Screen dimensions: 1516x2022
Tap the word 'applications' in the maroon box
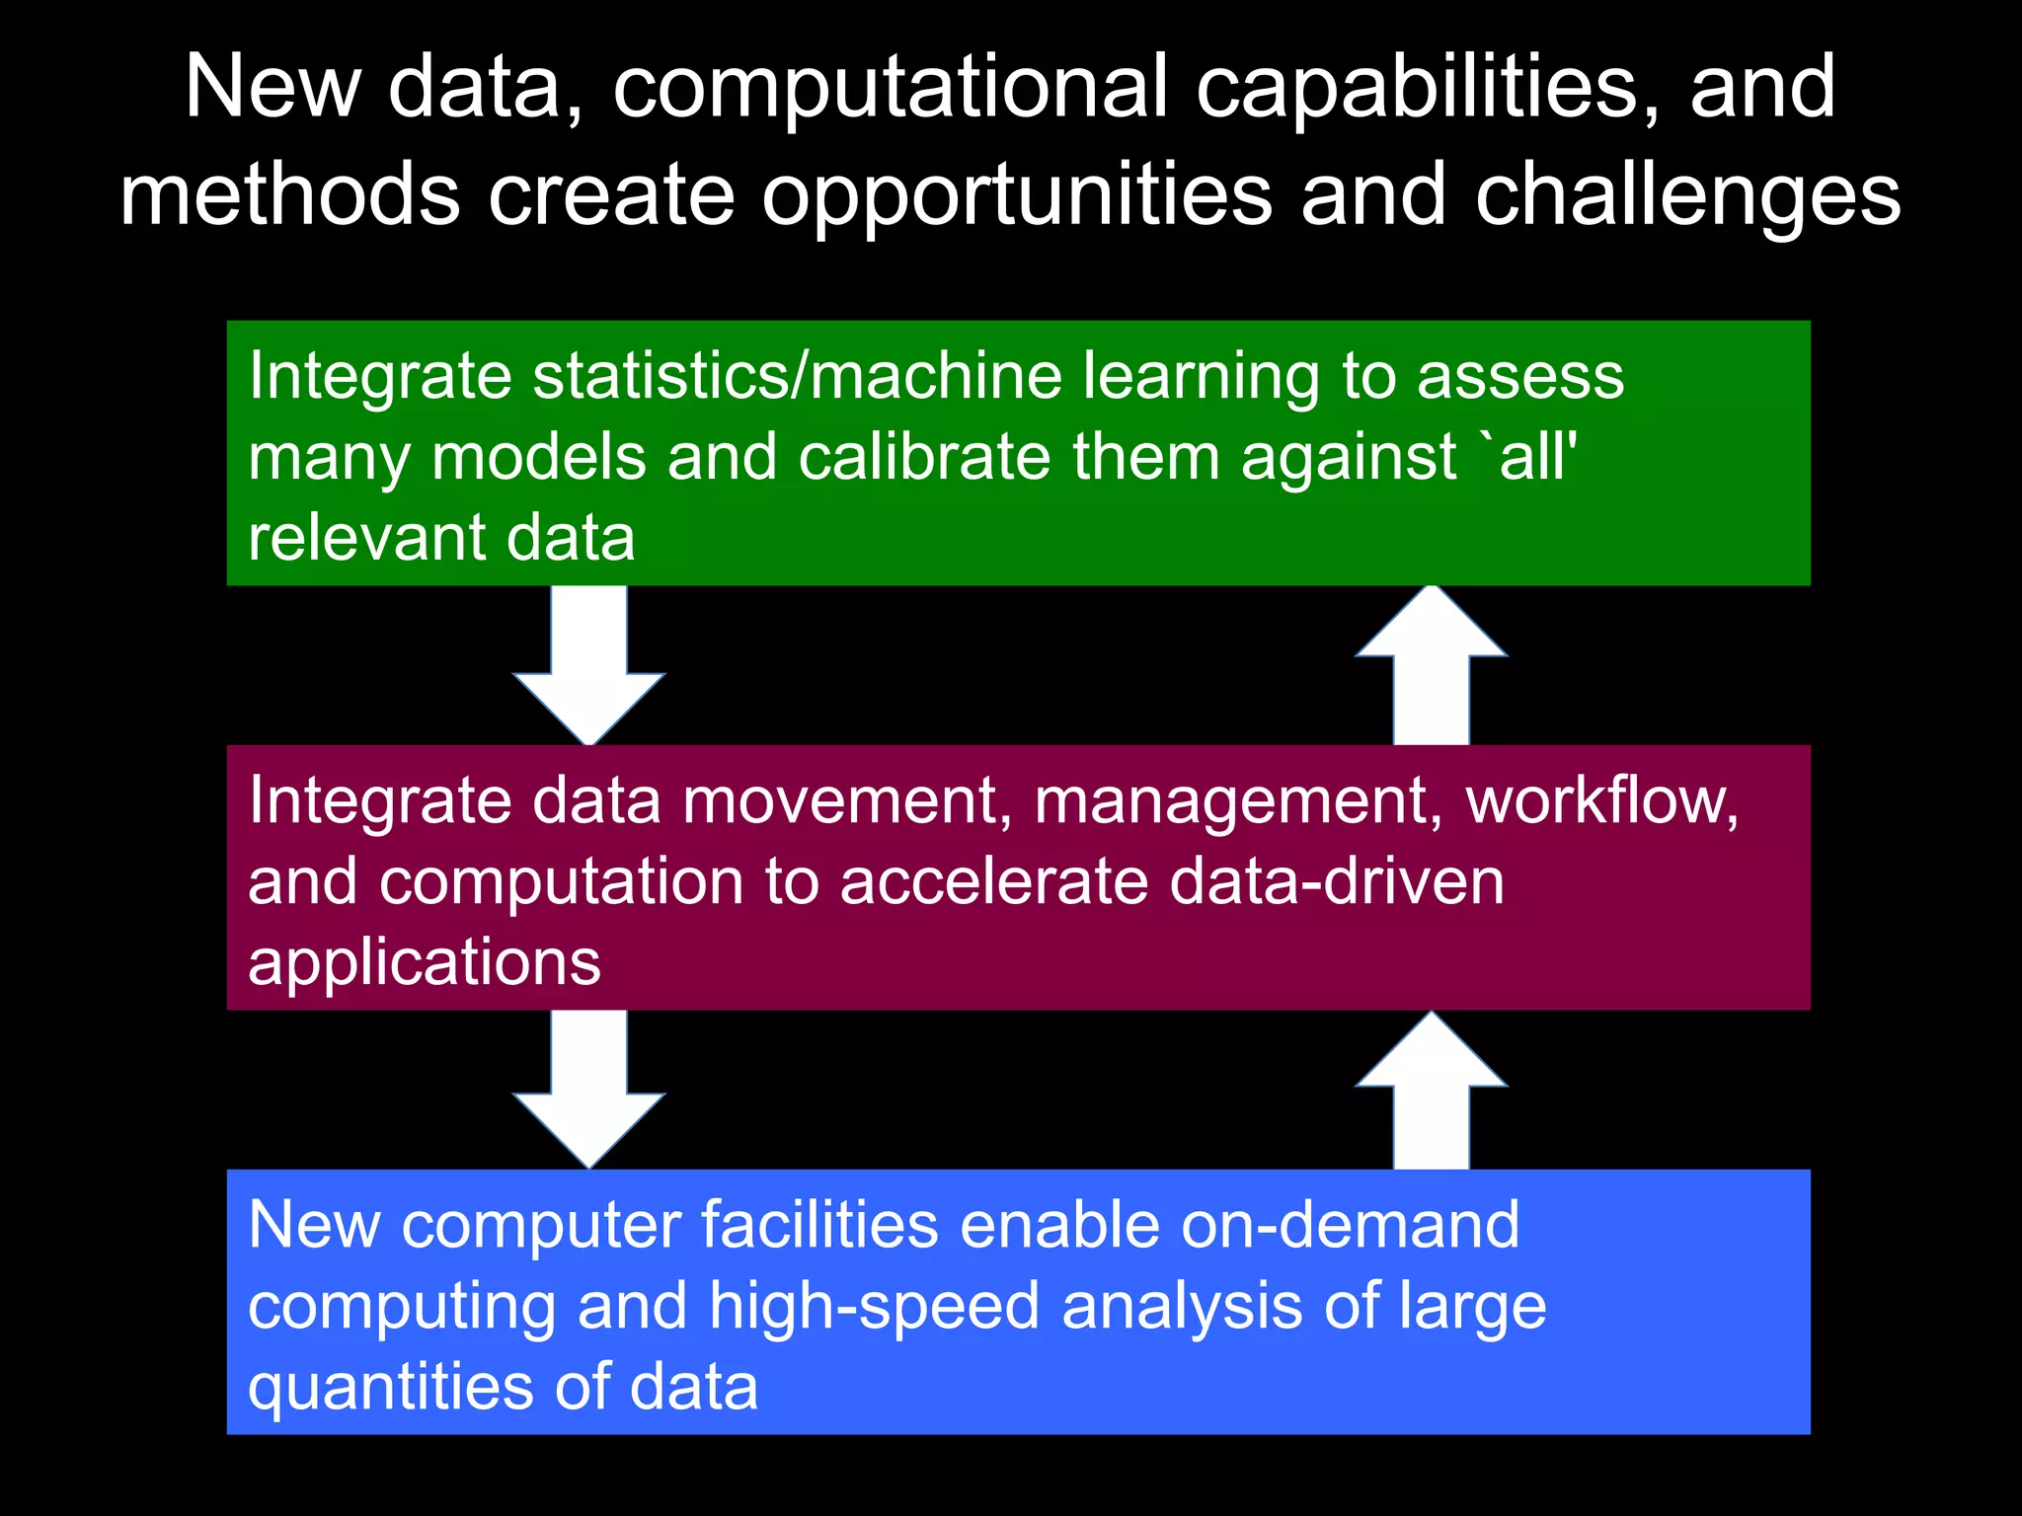click(x=425, y=962)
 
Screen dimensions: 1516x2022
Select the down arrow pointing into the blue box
click(x=588, y=1092)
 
